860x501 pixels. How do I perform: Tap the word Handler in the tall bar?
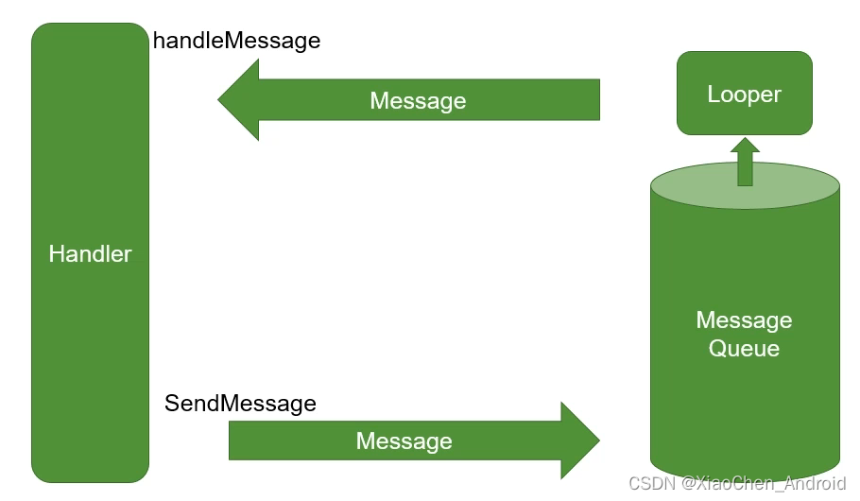90,253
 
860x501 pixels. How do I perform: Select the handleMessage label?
236,41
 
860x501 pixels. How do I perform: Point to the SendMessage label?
240,404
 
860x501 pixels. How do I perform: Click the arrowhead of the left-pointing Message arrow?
238,99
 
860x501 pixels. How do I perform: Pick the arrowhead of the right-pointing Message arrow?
579,441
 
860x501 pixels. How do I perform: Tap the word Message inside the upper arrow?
418,101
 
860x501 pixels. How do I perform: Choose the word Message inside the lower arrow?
404,441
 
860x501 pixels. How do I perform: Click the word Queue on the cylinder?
744,349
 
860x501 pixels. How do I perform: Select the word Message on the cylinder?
744,320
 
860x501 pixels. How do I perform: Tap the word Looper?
744,94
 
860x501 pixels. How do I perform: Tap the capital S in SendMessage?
172,404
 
